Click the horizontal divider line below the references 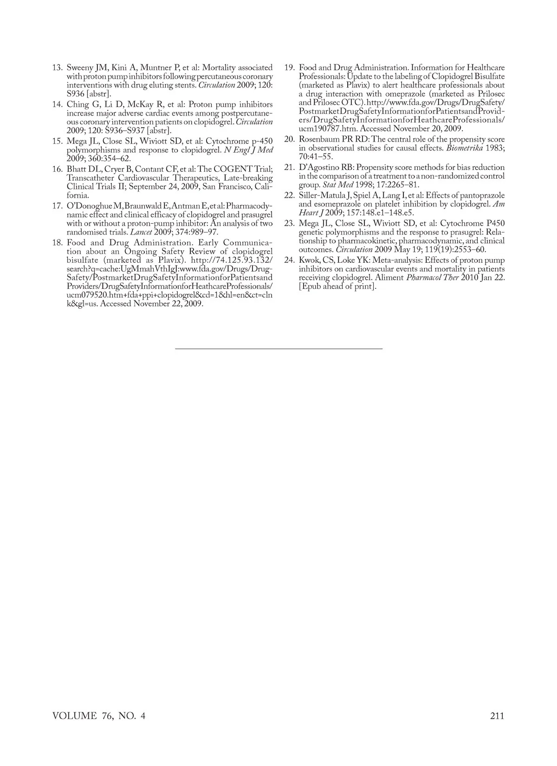coord(278,348)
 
